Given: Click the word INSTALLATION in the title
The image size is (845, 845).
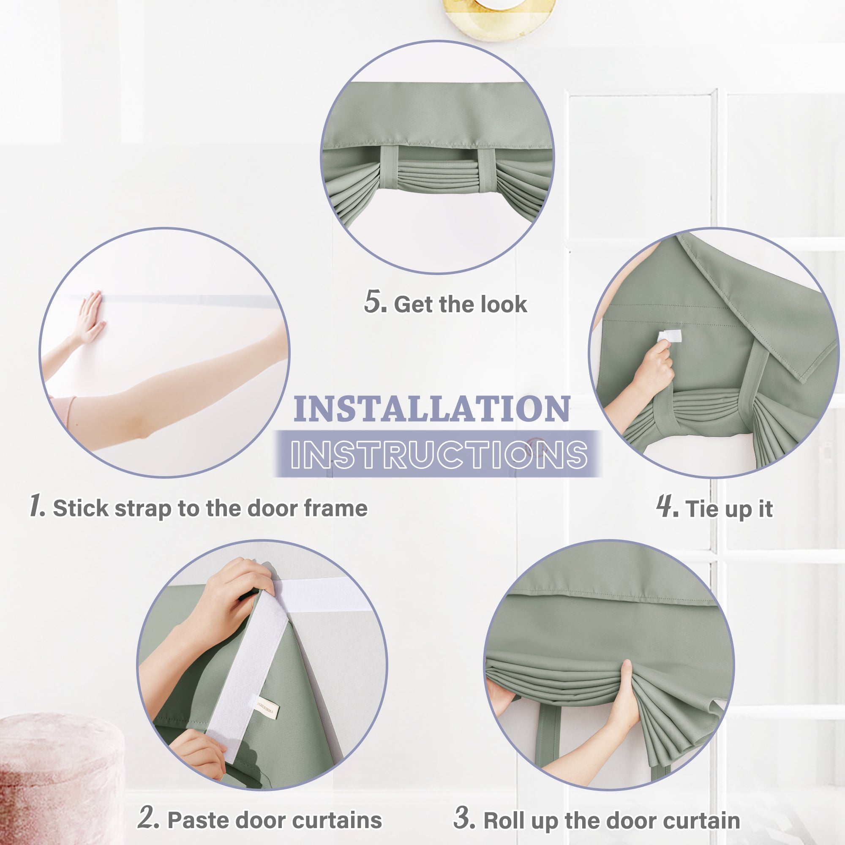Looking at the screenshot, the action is pyautogui.click(x=432, y=409).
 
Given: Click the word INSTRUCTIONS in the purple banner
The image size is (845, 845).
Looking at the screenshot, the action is pyautogui.click(x=439, y=455).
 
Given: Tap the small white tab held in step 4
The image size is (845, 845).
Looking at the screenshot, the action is pyautogui.click(x=670, y=336).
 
